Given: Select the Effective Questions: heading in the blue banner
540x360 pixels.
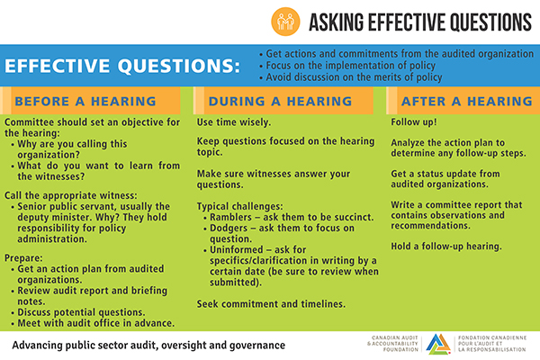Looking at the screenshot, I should point(122,67).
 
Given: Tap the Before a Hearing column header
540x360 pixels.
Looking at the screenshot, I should point(85,101).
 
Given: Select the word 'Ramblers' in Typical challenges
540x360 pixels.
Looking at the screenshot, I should point(232,218).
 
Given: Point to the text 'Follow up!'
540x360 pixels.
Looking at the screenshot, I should point(416,121).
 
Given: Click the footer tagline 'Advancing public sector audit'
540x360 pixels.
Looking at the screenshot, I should point(148,345).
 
